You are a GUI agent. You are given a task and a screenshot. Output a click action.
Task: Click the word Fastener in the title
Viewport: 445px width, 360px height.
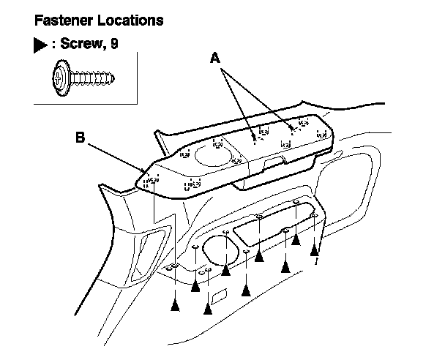(x=63, y=20)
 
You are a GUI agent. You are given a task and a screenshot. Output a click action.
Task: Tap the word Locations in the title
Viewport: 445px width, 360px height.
(x=130, y=20)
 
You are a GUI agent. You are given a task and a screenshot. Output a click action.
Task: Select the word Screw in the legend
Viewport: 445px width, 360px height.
(x=81, y=43)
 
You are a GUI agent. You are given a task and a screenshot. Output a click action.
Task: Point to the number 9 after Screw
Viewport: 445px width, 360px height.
(x=114, y=43)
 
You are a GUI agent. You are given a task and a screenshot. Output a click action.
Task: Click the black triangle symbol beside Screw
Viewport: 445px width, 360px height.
(x=40, y=45)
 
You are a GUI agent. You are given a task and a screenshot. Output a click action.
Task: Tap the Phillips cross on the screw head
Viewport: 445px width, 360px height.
(x=58, y=78)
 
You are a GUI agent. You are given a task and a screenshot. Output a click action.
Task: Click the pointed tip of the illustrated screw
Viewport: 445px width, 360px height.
(x=113, y=78)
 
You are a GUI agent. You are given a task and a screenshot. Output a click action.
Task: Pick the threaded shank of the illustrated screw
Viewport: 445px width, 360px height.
(x=91, y=78)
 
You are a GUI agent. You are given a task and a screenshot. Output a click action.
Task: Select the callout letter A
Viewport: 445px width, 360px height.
(x=215, y=58)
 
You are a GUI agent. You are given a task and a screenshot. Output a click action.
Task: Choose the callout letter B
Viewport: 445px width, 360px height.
(x=81, y=138)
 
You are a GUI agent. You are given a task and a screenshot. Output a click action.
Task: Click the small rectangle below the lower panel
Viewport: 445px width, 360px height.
(x=220, y=296)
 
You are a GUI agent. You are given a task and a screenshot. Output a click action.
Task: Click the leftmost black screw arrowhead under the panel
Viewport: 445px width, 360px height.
(x=176, y=306)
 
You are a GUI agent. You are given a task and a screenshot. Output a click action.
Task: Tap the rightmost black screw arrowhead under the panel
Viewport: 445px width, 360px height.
(x=314, y=250)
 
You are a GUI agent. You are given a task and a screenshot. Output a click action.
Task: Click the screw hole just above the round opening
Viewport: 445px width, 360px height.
(x=226, y=232)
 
